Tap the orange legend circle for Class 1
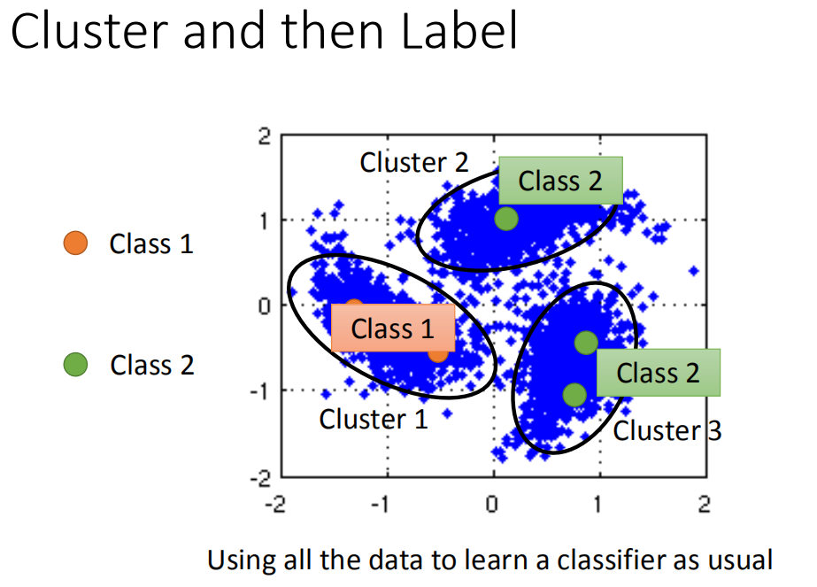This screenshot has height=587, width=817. tap(76, 243)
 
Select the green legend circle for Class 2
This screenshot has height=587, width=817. tap(76, 364)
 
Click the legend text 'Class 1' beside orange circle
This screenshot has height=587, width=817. tap(151, 243)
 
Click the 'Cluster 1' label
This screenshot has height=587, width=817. tap(374, 419)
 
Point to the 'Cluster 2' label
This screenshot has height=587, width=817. tap(414, 162)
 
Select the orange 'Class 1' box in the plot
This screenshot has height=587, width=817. tap(393, 328)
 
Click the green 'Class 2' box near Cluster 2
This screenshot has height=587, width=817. tap(560, 181)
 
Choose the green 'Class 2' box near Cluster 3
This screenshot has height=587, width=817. tap(659, 373)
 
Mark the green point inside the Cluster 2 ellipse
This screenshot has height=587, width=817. tap(506, 218)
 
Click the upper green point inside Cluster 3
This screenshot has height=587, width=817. tap(586, 343)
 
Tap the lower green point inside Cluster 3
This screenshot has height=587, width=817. tap(574, 394)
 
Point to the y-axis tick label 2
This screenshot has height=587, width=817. tap(263, 136)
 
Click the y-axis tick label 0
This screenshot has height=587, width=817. tap(263, 306)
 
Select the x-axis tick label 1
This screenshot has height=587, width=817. tap(599, 505)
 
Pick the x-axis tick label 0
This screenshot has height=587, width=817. tap(492, 505)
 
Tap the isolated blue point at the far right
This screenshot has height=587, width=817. tap(694, 271)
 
